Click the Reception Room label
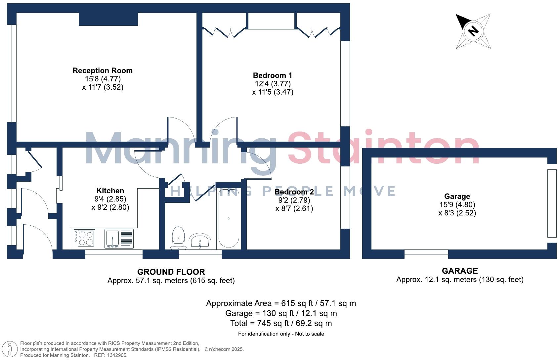[x=103, y=70]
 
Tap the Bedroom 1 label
[x=272, y=75]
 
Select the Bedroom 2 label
[x=294, y=192]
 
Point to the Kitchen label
[x=110, y=191]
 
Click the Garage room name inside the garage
[x=457, y=196]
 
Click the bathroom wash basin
[x=200, y=241]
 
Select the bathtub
[x=229, y=218]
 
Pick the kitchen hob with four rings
[x=85, y=239]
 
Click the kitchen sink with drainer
[x=119, y=239]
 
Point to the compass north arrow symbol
[x=473, y=31]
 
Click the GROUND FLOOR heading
[x=171, y=272]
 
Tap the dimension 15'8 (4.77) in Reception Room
[x=103, y=79]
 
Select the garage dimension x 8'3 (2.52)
[x=457, y=213]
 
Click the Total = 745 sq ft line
[x=281, y=323]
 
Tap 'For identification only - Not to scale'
[x=281, y=334]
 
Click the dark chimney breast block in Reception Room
[x=108, y=19]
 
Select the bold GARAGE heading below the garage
[x=460, y=271]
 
